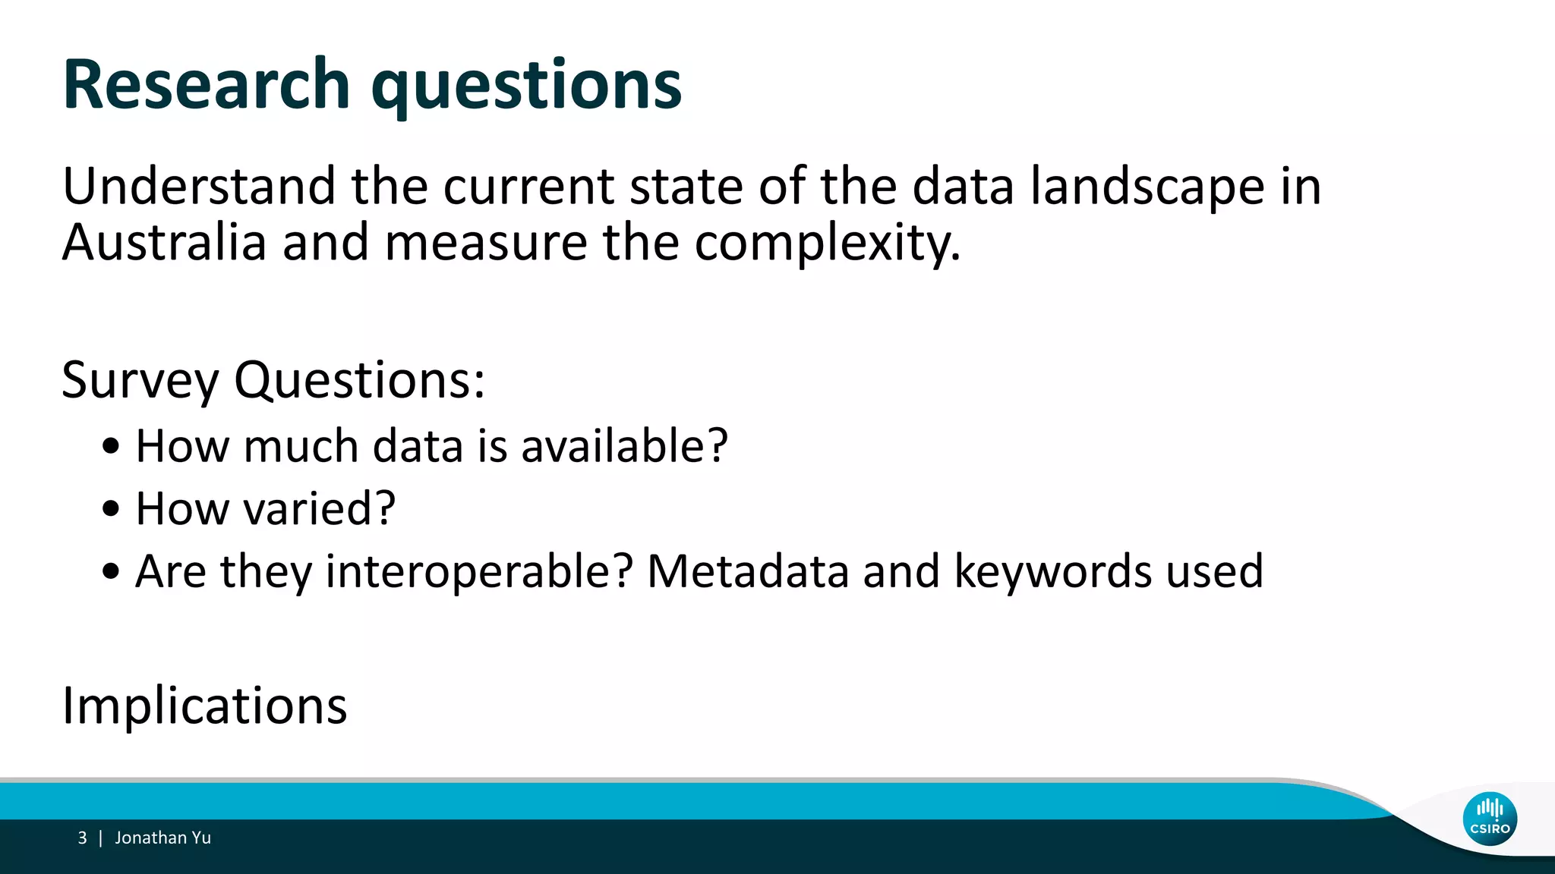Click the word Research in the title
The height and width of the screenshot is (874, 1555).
click(x=207, y=84)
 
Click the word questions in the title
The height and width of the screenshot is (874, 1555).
click(x=526, y=87)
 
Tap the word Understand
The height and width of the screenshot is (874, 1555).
click(x=198, y=186)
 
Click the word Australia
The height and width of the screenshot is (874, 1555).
click(x=164, y=243)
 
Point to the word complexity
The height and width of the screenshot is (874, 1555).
click(x=827, y=244)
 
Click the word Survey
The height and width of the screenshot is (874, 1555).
click(x=140, y=381)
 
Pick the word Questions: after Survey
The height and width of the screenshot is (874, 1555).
click(x=359, y=381)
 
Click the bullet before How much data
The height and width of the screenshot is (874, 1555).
click(x=111, y=447)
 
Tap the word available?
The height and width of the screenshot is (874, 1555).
click(x=624, y=445)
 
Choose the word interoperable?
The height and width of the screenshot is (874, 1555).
click(x=479, y=572)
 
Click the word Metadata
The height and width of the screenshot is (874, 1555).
click(x=748, y=571)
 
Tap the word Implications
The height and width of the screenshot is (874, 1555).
click(x=204, y=706)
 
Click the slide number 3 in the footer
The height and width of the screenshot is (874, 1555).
click(x=82, y=838)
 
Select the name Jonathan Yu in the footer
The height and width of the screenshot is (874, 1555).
click(x=162, y=838)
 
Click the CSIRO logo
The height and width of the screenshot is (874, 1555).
click(x=1490, y=819)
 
